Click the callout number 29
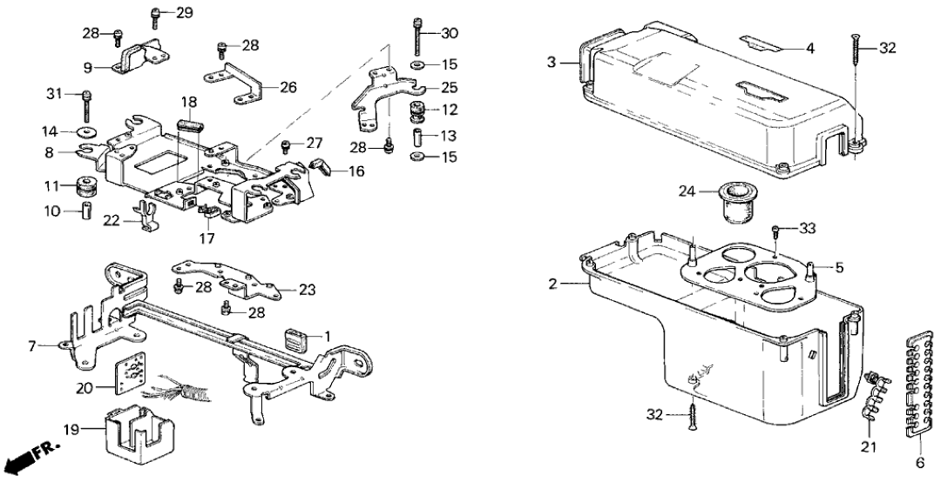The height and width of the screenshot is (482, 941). (185, 12)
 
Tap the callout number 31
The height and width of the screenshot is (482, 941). (55, 94)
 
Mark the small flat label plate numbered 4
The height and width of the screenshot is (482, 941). (762, 44)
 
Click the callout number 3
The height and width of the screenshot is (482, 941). (551, 63)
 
